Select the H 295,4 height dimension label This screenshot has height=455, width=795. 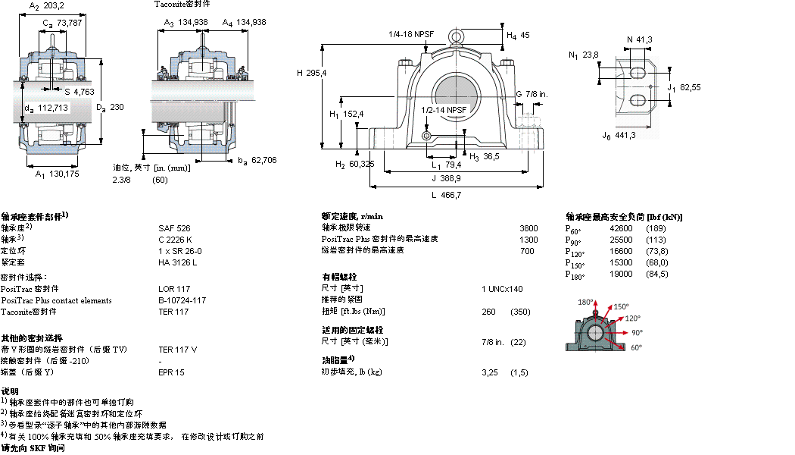[x=312, y=73]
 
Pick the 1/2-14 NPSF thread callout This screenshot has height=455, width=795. [x=444, y=110]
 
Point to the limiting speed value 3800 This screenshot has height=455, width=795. [x=528, y=227]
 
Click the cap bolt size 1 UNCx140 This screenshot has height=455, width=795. [x=502, y=289]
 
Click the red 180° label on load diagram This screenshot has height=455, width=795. [x=585, y=303]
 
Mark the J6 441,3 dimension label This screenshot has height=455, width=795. [x=619, y=136]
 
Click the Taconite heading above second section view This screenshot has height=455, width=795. [x=182, y=5]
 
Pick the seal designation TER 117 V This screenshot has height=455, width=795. [x=177, y=350]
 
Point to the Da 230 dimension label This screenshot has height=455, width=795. [x=110, y=108]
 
